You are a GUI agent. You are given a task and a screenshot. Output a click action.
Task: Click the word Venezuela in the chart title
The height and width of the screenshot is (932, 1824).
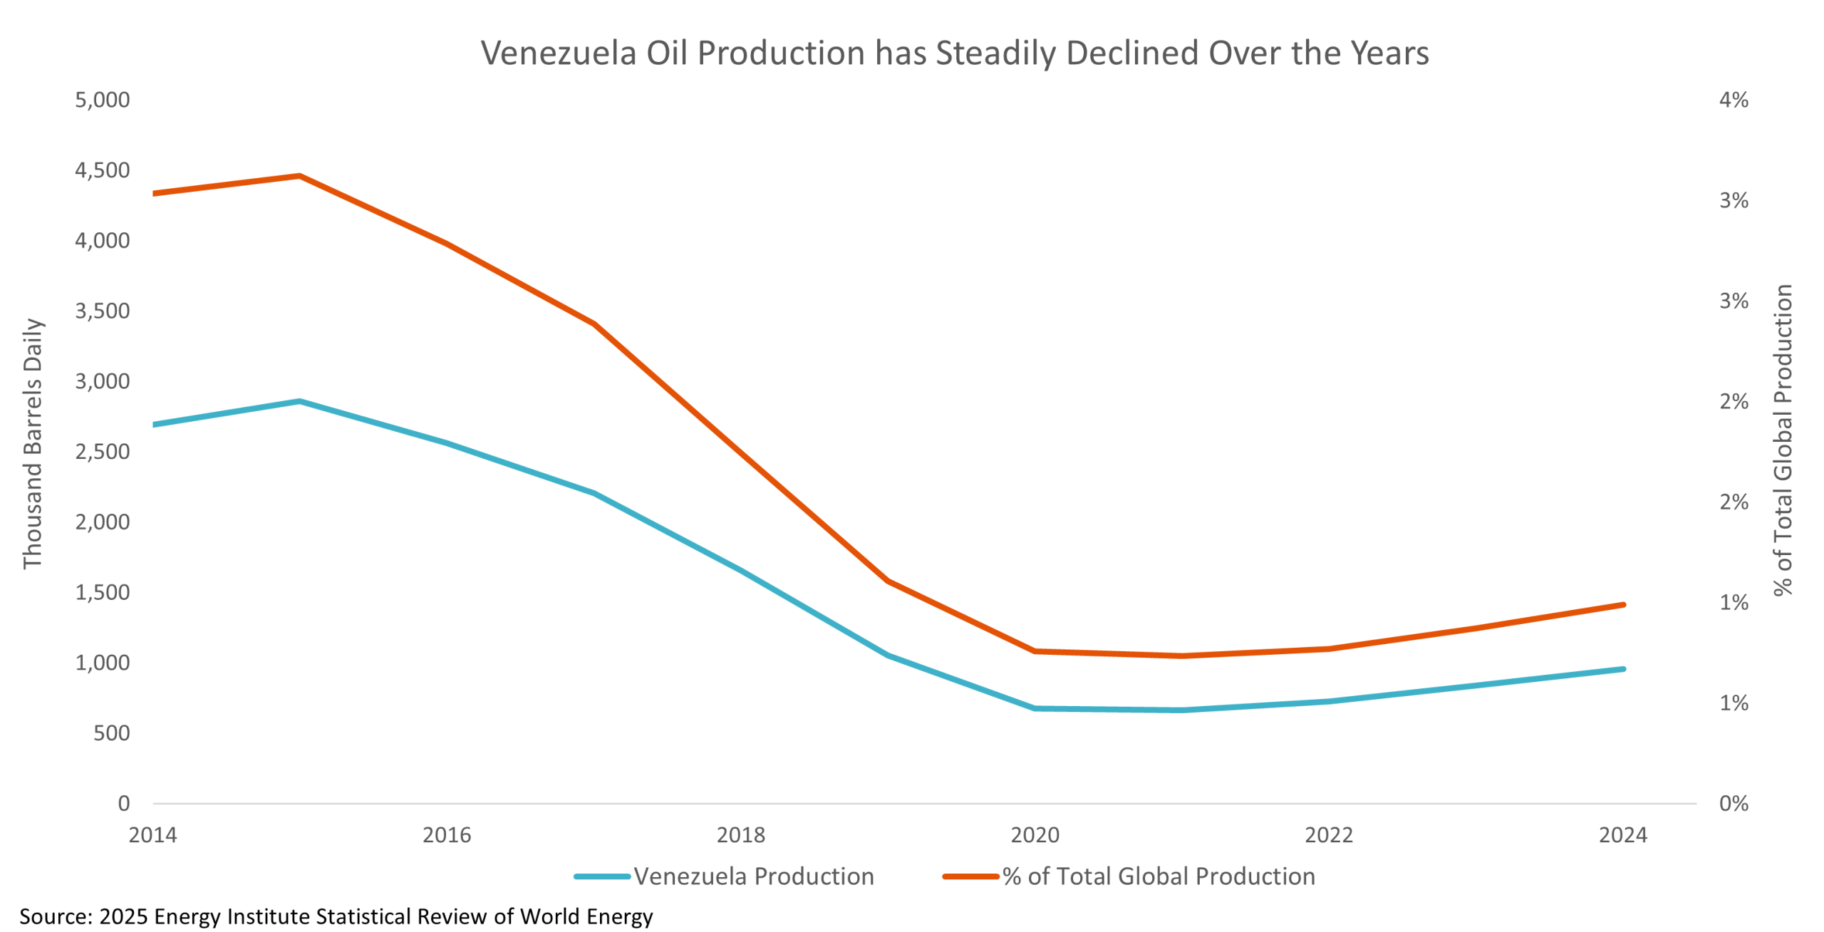click(x=558, y=53)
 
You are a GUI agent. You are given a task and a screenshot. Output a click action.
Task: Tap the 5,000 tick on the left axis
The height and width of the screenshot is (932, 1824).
click(x=103, y=100)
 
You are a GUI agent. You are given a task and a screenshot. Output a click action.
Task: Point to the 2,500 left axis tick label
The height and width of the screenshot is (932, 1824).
click(x=103, y=452)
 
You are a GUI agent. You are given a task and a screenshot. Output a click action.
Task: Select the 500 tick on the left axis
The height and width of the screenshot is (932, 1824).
click(x=112, y=733)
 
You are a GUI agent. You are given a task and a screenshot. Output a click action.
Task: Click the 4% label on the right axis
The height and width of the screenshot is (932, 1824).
click(x=1734, y=100)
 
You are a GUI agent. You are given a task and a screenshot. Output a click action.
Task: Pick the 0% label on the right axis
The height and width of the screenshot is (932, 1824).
click(x=1734, y=804)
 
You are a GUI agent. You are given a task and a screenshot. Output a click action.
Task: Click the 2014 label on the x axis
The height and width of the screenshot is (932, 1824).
click(x=152, y=835)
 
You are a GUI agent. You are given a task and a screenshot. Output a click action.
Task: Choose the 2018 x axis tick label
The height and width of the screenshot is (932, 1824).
click(x=740, y=835)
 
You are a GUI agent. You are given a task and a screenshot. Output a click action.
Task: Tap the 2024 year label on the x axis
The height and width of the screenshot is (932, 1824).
click(x=1622, y=835)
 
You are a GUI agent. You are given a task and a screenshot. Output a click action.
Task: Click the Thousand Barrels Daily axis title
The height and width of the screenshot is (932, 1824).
click(x=33, y=444)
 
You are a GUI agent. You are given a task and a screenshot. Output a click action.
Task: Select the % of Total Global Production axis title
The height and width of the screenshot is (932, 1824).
click(x=1783, y=440)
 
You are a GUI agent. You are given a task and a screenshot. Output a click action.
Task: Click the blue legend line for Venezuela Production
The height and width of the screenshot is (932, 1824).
click(x=602, y=876)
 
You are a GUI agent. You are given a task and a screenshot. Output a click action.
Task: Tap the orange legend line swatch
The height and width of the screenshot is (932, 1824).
click(x=970, y=876)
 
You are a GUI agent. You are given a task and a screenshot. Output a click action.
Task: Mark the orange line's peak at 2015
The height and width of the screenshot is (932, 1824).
click(x=300, y=176)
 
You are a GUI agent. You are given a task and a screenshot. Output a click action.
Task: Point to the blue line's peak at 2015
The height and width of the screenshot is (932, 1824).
click(x=300, y=401)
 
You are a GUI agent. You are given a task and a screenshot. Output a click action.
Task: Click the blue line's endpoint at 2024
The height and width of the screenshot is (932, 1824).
click(x=1622, y=669)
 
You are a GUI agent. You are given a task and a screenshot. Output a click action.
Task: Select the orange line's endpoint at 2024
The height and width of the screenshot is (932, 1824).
click(x=1622, y=605)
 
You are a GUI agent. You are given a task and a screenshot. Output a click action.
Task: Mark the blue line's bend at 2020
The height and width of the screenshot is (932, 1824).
click(x=1035, y=708)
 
